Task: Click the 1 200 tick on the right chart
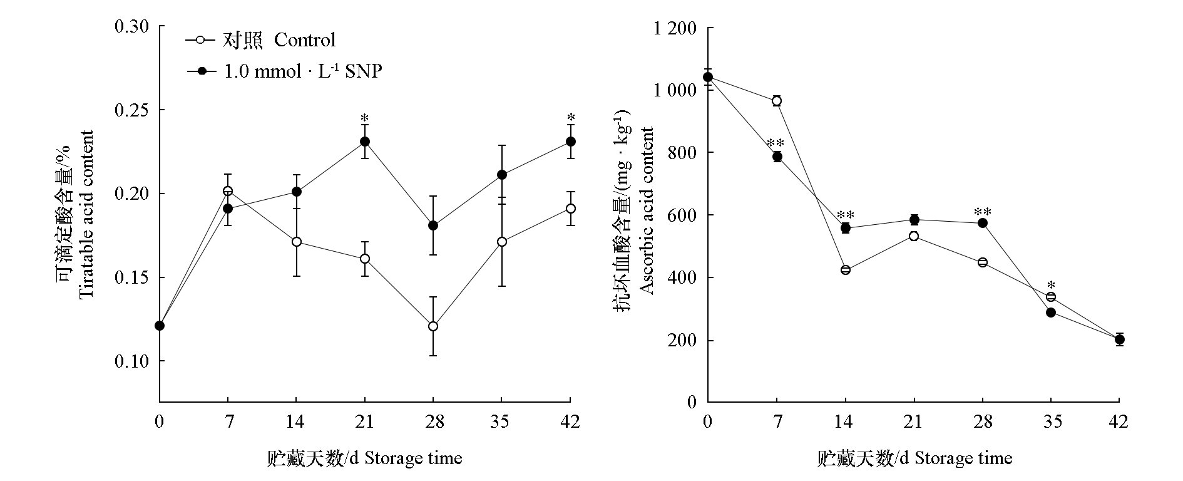click(675, 29)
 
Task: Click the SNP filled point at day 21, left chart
click(365, 142)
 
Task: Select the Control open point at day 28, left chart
click(433, 326)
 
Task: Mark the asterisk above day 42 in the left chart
click(570, 118)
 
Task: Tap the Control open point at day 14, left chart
click(297, 242)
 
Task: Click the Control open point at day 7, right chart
click(777, 101)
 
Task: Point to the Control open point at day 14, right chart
click(846, 270)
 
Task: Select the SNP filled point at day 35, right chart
click(1051, 313)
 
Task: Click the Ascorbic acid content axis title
click(647, 210)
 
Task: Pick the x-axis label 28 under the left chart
click(433, 422)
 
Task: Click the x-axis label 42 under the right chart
click(1119, 422)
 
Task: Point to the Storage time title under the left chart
click(364, 458)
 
